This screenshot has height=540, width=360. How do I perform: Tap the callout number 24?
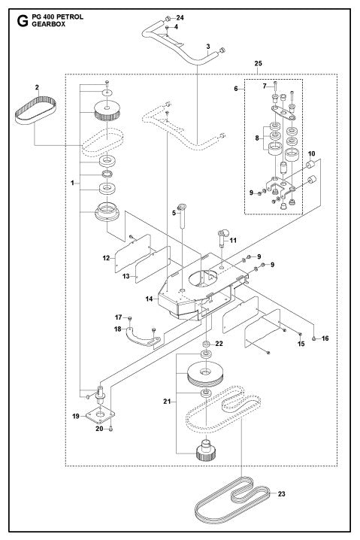pyautogui.click(x=179, y=17)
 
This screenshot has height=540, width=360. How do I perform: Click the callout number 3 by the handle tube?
pyautogui.click(x=207, y=47)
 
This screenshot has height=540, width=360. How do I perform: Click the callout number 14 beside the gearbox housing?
pyautogui.click(x=149, y=299)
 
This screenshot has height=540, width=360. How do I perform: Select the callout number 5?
pyautogui.click(x=174, y=214)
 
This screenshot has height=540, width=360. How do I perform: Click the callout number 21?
pyautogui.click(x=168, y=403)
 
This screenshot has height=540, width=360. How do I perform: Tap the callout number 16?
pyautogui.click(x=325, y=339)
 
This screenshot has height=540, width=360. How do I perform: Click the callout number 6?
pyautogui.click(x=235, y=88)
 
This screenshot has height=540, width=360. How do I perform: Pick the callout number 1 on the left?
pyautogui.click(x=72, y=183)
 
